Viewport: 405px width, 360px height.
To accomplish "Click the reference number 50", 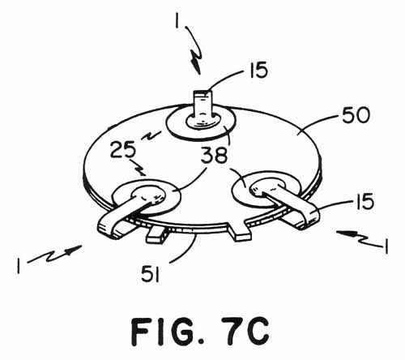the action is click(x=356, y=115).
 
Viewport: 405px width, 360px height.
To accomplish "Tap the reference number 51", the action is click(x=151, y=273).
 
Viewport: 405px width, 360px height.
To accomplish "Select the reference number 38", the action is click(x=215, y=156).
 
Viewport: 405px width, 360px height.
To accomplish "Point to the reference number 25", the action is click(x=123, y=150).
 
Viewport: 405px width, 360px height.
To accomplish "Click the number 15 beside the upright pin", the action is click(x=258, y=70).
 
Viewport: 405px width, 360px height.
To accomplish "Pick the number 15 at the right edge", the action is click(x=365, y=202).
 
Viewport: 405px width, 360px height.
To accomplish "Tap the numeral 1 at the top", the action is click(x=177, y=19).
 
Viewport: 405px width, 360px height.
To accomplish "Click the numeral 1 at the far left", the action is click(x=19, y=266).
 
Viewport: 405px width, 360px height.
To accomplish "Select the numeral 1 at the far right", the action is click(x=386, y=246).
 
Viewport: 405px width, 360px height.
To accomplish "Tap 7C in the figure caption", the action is click(x=245, y=332).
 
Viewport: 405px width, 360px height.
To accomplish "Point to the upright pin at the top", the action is click(x=203, y=108).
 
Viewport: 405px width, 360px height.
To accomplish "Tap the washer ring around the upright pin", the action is click(x=201, y=133).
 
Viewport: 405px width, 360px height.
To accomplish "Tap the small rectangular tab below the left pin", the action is click(x=156, y=234).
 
